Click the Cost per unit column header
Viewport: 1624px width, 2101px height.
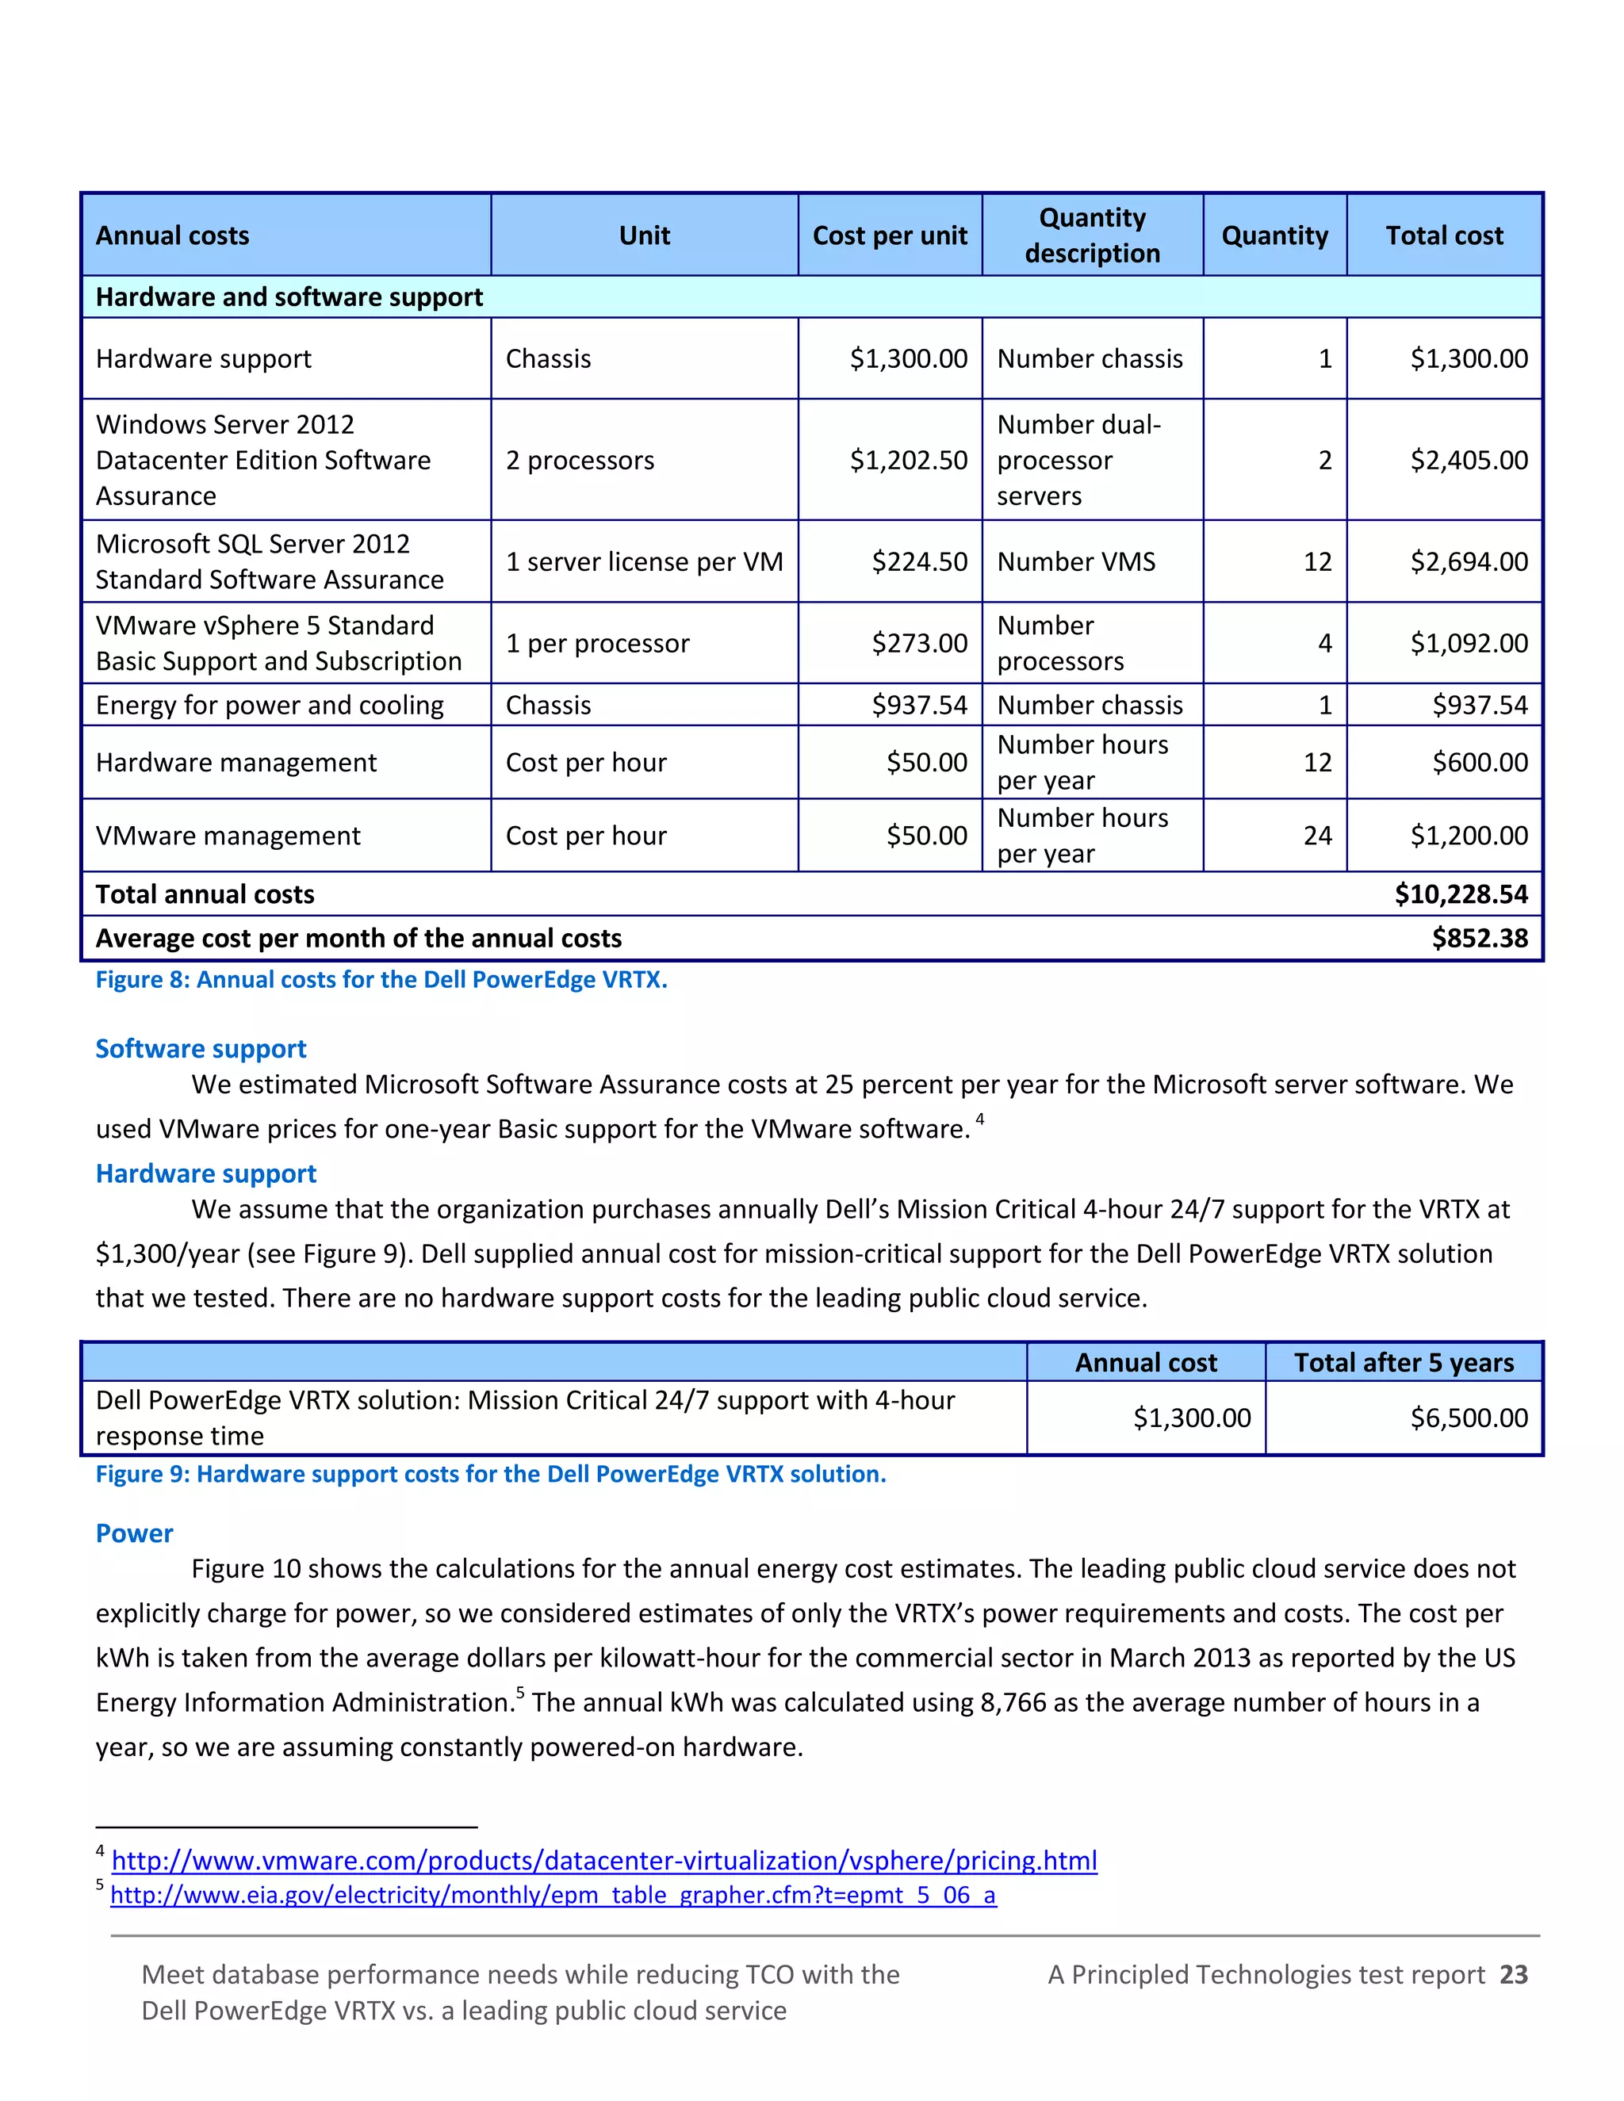point(889,235)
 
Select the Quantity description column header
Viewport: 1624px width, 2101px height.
point(1092,235)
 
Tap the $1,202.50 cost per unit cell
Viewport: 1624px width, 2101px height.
point(907,460)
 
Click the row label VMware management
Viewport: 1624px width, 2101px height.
point(228,836)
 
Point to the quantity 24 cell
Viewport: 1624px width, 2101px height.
point(1317,836)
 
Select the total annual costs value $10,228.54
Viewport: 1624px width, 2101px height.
point(1461,894)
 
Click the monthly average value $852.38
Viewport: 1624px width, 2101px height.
point(1479,938)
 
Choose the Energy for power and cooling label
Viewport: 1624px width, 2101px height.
point(270,705)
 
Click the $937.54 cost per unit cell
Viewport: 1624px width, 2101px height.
point(919,705)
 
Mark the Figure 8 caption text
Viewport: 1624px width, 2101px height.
point(381,980)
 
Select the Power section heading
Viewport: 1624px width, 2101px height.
point(134,1533)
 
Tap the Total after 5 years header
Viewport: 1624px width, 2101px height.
point(1403,1363)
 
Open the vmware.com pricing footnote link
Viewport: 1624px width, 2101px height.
point(604,1861)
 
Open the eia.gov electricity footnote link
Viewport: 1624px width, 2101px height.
point(553,1895)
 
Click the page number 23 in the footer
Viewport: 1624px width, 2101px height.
point(1513,1975)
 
